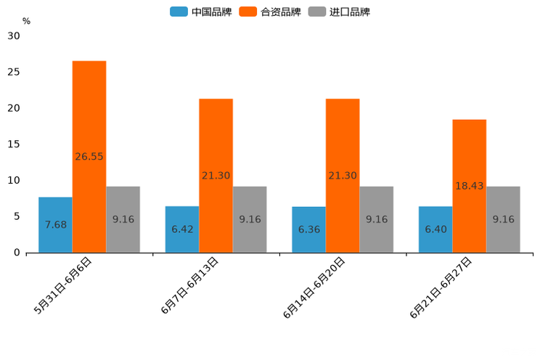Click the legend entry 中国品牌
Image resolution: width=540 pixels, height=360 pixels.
[201, 12]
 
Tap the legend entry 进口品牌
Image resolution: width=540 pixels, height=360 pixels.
[340, 12]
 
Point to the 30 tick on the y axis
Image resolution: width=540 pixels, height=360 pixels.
[14, 36]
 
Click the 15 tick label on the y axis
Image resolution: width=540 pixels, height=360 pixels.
[14, 144]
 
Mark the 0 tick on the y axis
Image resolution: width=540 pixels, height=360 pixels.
[17, 253]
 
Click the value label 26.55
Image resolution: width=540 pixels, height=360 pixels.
[89, 156]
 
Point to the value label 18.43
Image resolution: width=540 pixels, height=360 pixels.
[470, 186]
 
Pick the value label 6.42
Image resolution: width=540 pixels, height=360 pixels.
[182, 229]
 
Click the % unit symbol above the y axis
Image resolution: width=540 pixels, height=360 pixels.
[26, 21]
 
